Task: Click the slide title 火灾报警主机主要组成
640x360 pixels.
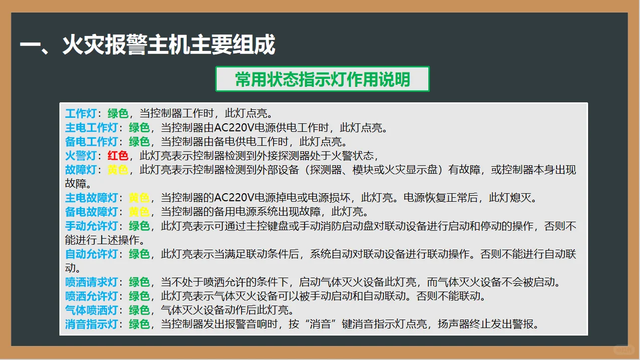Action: coord(148,45)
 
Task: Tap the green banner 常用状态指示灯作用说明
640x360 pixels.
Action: coord(322,79)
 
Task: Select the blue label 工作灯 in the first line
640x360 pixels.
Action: coord(81,113)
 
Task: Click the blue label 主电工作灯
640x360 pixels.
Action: coord(91,127)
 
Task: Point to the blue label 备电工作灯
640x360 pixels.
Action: coord(91,141)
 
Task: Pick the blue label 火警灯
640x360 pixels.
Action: coord(81,155)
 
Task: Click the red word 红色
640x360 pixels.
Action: coord(118,155)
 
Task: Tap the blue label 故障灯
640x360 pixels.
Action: coord(81,170)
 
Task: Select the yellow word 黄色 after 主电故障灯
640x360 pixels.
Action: coord(139,198)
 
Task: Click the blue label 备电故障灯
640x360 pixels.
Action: coord(91,212)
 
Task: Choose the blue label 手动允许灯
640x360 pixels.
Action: coord(91,226)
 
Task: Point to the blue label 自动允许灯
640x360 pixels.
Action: coord(91,254)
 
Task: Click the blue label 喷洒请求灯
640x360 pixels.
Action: coord(91,283)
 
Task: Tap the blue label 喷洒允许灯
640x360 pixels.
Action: coord(91,297)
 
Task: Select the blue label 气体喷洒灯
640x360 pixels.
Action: coord(91,310)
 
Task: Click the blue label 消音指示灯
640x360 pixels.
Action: coord(91,325)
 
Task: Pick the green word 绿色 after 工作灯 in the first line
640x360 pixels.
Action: coord(118,113)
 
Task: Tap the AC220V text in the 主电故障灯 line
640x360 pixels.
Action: coord(231,198)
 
